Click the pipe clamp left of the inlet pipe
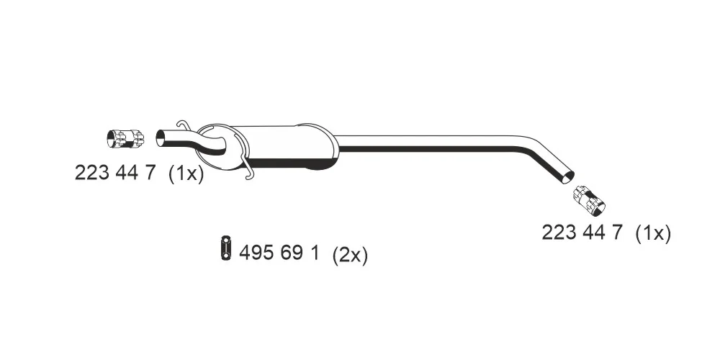click(125, 139)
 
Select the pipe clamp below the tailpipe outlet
click(589, 201)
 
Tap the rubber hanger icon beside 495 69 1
click(226, 248)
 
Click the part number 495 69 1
click(279, 253)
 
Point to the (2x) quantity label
click(350, 254)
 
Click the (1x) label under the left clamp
click(186, 174)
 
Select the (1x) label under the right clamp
click(653, 233)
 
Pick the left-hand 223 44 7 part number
click(115, 173)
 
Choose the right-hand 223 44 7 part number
click(582, 232)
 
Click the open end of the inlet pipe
click(161, 138)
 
